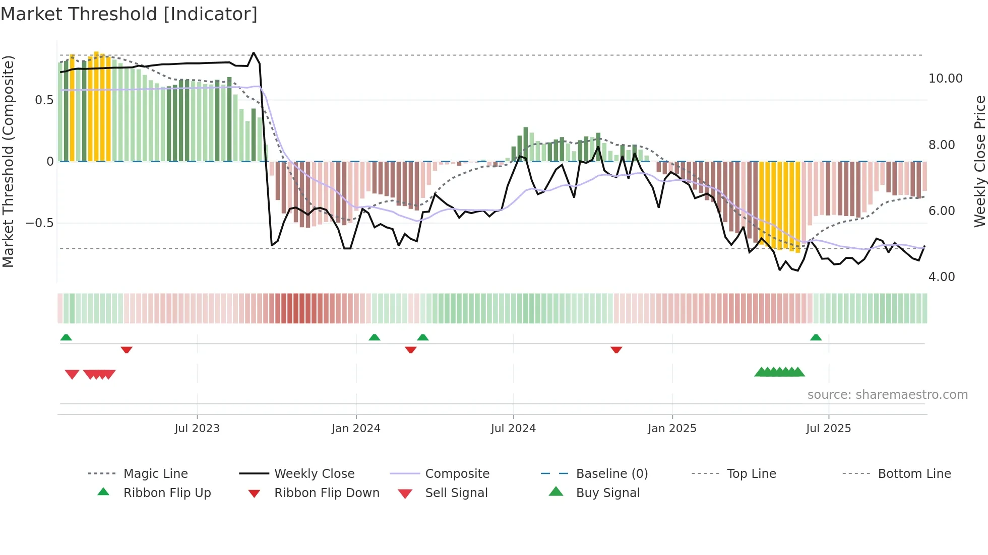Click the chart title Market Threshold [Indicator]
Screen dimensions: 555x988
click(x=129, y=14)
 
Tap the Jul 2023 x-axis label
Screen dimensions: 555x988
click(x=197, y=429)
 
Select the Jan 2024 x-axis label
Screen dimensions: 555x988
click(x=356, y=429)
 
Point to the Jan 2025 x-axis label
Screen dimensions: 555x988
click(x=672, y=429)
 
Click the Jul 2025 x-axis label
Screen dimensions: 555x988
click(x=828, y=429)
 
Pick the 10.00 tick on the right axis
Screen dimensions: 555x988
click(x=945, y=79)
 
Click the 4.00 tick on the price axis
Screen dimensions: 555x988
click(x=941, y=277)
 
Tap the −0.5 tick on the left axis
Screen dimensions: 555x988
click(x=39, y=223)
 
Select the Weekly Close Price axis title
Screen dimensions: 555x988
click(x=979, y=161)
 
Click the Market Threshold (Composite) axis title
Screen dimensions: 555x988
click(x=8, y=161)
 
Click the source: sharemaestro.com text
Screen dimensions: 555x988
click(x=887, y=395)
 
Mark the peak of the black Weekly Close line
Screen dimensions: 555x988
click(x=254, y=53)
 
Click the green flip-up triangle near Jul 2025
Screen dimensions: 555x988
click(x=816, y=337)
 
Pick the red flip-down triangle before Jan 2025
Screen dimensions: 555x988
click(x=616, y=350)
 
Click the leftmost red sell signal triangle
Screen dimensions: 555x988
click(x=72, y=374)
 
